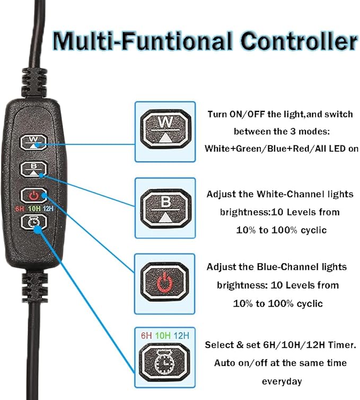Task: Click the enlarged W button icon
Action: coord(164,128)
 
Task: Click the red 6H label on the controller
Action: coord(21,208)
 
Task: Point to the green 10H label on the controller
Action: coord(35,208)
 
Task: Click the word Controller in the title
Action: coord(297,41)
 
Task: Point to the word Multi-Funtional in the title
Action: coord(143,41)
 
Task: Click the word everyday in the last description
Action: coord(282,381)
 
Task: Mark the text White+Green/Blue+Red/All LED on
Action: coord(279,149)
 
